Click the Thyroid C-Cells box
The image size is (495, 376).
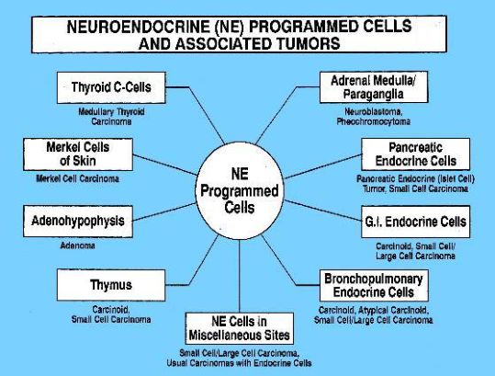click(x=111, y=87)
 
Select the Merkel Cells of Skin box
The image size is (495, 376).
click(x=78, y=154)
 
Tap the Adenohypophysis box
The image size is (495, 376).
click(x=78, y=222)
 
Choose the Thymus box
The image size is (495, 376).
click(x=111, y=285)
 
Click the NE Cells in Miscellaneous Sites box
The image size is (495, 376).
click(x=240, y=328)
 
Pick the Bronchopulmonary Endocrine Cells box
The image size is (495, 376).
click(x=374, y=285)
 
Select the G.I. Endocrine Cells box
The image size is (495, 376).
click(x=415, y=222)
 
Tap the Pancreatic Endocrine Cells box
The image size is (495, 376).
click(x=415, y=154)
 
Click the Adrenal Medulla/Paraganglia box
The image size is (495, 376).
click(x=374, y=87)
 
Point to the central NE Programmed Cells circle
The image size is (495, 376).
click(x=240, y=191)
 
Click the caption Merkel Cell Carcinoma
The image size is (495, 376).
click(x=78, y=179)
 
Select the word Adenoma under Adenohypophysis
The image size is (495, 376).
click(x=78, y=245)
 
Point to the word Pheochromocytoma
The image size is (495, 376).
click(x=374, y=121)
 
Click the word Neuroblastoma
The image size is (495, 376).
click(x=374, y=111)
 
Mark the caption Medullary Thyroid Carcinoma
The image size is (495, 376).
click(x=111, y=117)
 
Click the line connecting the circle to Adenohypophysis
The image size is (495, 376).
click(x=164, y=212)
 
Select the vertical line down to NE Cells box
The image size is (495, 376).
click(x=240, y=276)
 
